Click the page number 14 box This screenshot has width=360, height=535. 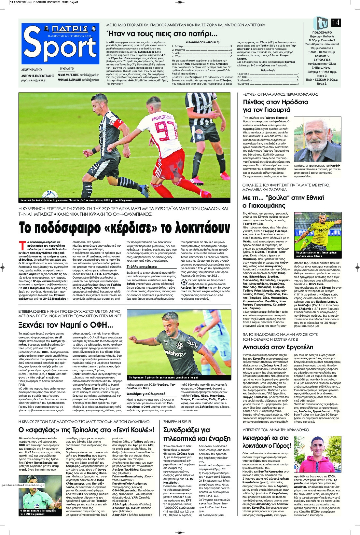click(336, 22)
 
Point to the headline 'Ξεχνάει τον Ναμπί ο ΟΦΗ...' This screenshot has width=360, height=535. click(66, 325)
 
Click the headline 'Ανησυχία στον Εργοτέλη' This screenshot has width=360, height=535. click(278, 347)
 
